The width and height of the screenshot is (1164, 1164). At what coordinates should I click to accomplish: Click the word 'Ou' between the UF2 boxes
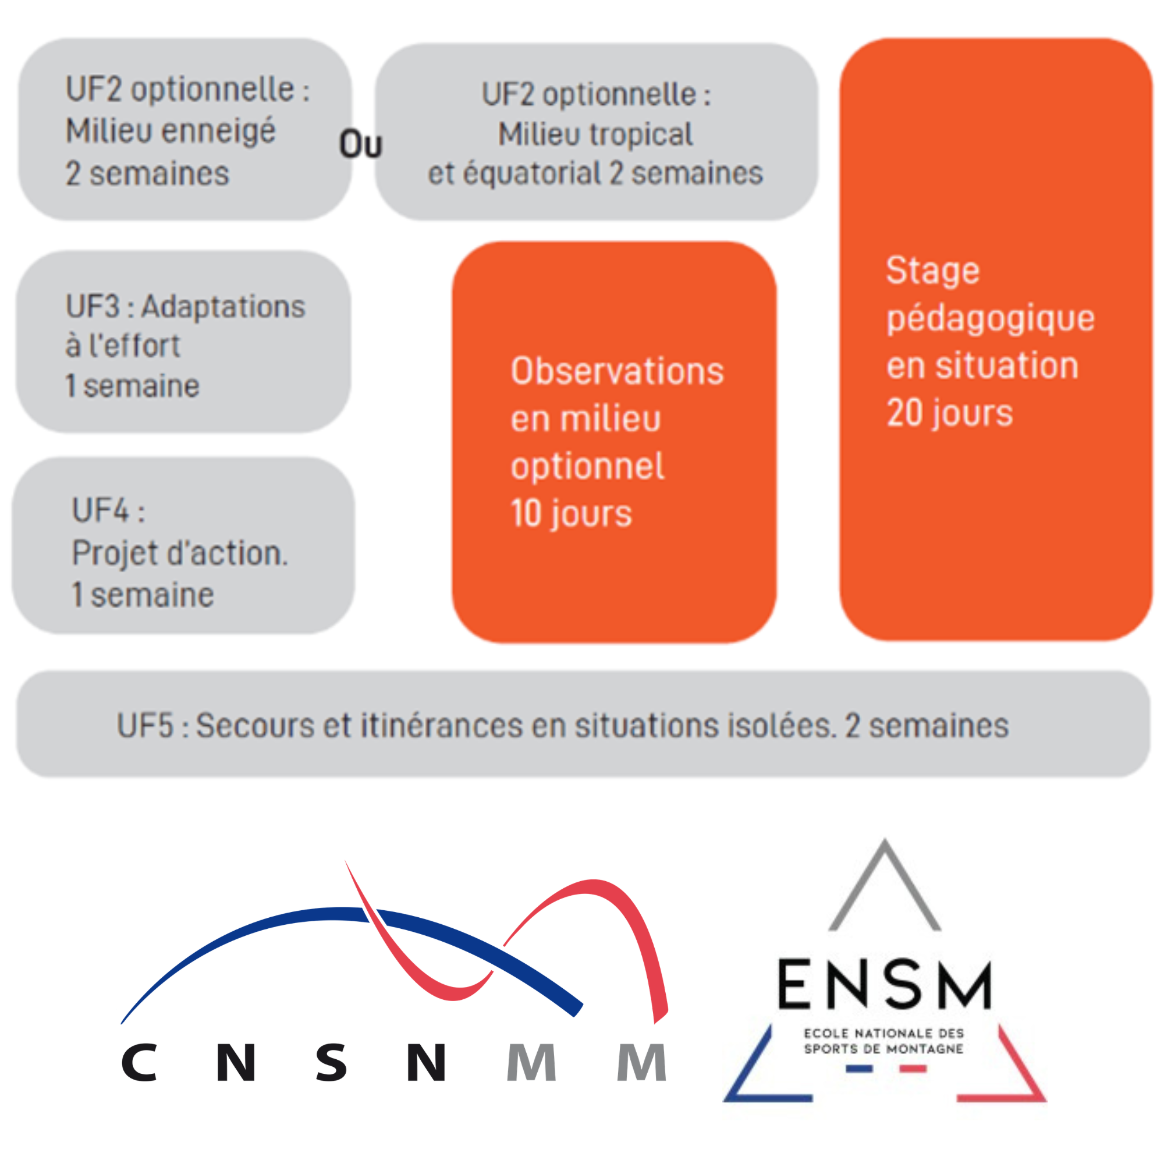coord(360,144)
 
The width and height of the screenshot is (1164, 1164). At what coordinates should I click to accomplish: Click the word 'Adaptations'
coord(223,307)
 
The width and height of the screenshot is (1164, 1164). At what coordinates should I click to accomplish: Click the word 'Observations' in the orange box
coord(617,371)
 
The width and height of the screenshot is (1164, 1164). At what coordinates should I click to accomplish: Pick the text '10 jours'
coord(571,514)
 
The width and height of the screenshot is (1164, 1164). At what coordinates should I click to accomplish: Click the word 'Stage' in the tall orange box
coord(932,271)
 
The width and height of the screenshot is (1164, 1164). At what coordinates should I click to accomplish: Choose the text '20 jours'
coord(949,414)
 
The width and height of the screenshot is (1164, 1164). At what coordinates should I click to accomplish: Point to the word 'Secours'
coord(255,725)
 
